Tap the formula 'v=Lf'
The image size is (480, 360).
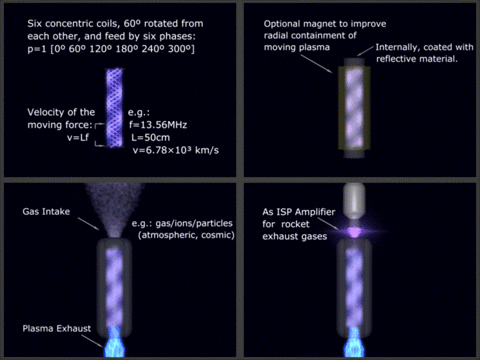pyautogui.click(x=77, y=139)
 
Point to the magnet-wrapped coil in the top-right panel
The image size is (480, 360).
pyautogui.click(x=358, y=110)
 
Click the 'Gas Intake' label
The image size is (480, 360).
pyautogui.click(x=44, y=212)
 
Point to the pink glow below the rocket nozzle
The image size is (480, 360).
pyautogui.click(x=356, y=231)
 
